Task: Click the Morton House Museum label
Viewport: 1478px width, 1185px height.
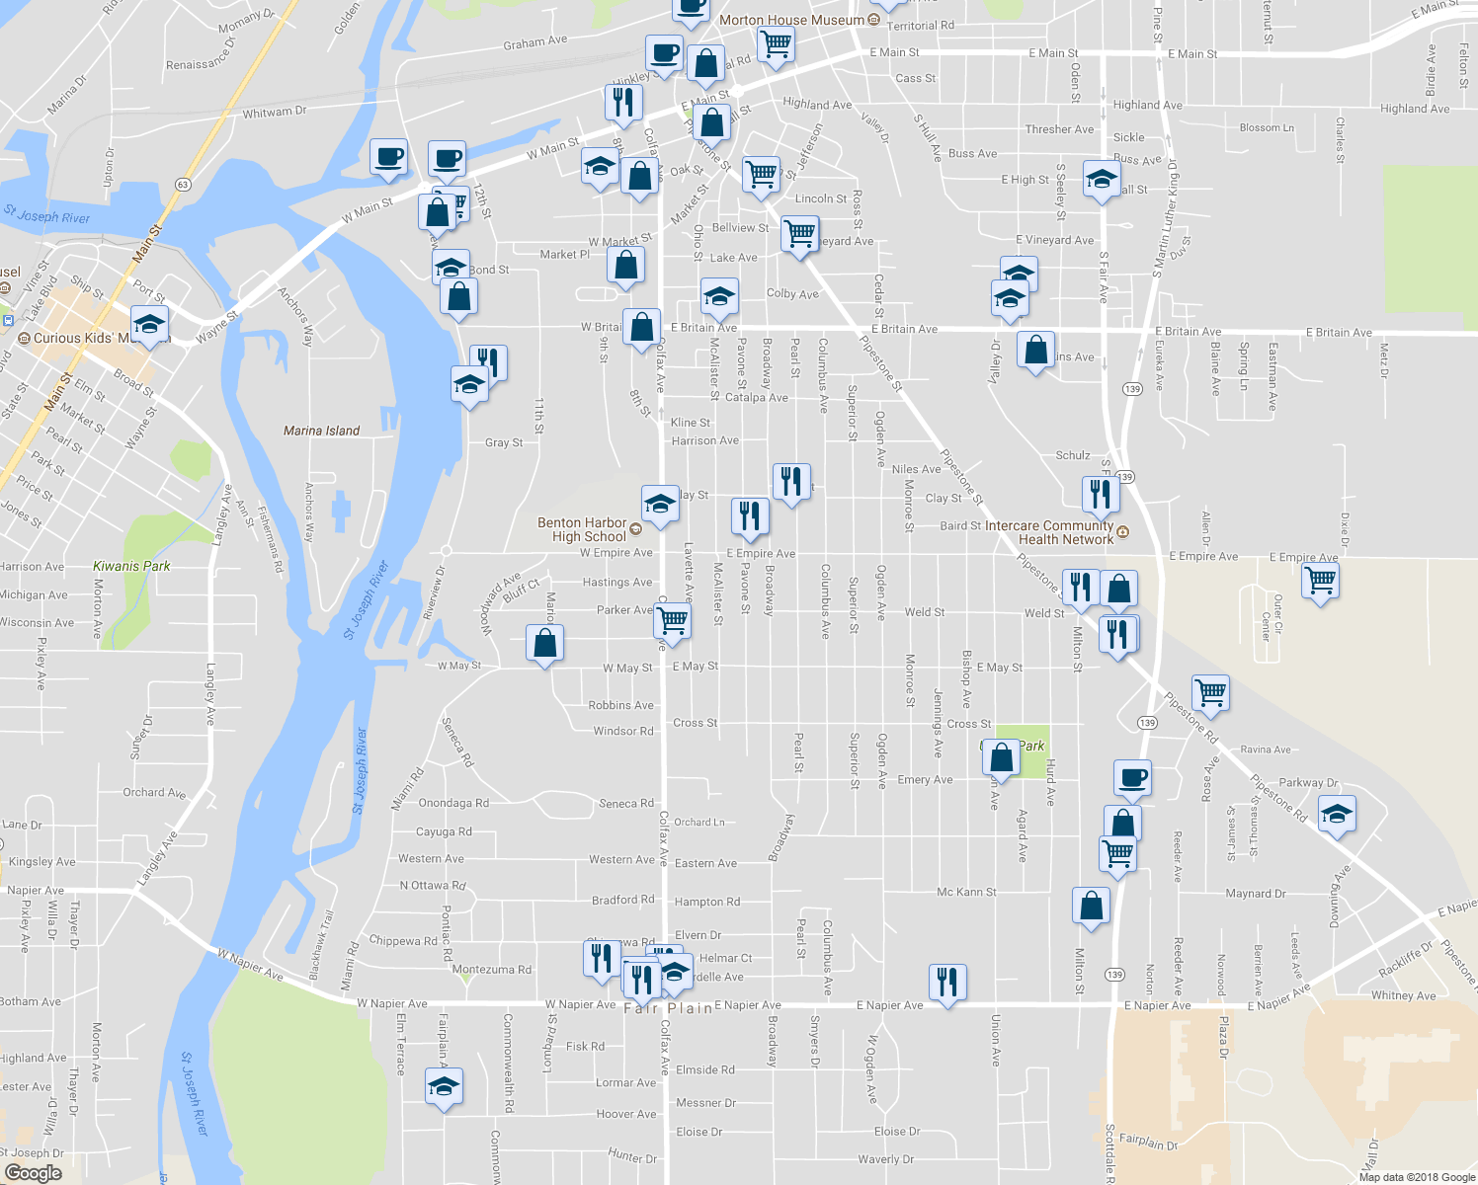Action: pos(791,20)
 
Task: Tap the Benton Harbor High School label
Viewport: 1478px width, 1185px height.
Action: pos(582,529)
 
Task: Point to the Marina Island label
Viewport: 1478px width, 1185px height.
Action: pos(321,431)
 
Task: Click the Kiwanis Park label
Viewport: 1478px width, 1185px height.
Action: pos(131,566)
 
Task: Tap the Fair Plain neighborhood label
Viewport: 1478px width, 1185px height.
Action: pos(668,1008)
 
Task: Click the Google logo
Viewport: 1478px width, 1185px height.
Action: pos(33,1173)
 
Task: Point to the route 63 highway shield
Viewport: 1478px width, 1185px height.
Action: pos(183,185)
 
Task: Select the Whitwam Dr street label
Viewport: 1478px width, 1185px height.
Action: pos(275,113)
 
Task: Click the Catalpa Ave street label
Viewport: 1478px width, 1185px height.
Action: pos(757,398)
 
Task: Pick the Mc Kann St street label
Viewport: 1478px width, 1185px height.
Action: pos(966,892)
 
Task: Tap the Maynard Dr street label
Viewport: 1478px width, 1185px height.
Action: pos(1256,894)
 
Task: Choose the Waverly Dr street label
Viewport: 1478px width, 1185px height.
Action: pos(885,1159)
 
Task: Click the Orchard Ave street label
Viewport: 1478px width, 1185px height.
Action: pos(154,793)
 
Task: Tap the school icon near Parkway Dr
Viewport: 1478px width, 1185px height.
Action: pos(1337,815)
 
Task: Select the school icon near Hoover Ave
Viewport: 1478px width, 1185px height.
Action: pos(444,1087)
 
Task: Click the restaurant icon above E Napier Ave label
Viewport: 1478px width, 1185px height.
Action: pos(947,982)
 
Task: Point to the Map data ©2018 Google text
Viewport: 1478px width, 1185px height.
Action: pos(1417,1177)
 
